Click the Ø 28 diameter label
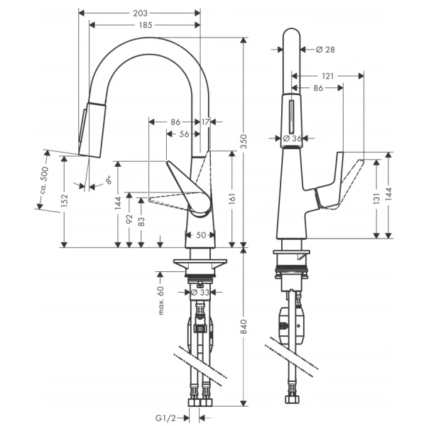pyautogui.click(x=324, y=49)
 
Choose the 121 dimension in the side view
pyautogui.click(x=327, y=75)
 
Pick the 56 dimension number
pyautogui.click(x=184, y=134)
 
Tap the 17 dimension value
pyautogui.click(x=206, y=122)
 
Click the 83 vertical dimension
pyautogui.click(x=142, y=222)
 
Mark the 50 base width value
pyautogui.click(x=200, y=235)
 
